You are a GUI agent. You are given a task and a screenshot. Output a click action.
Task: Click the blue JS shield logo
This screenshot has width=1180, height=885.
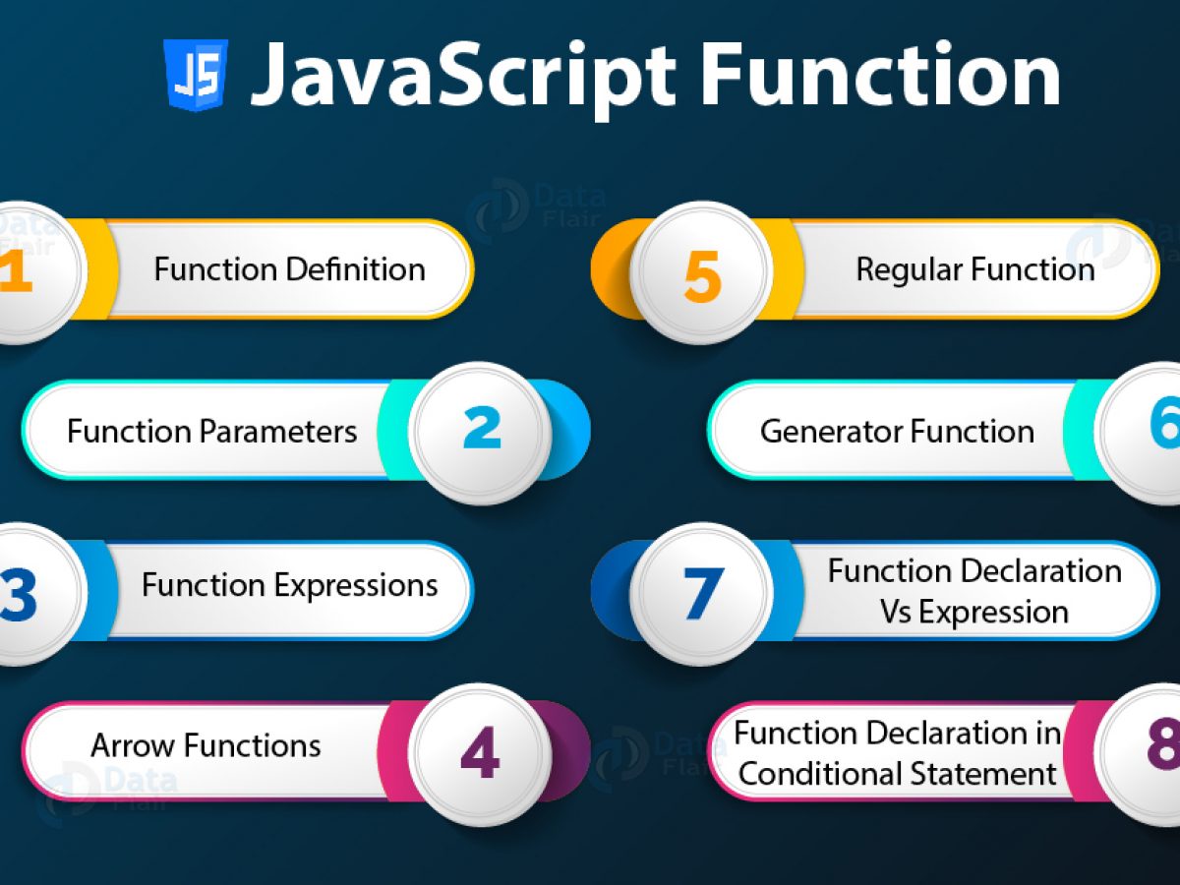click(x=196, y=75)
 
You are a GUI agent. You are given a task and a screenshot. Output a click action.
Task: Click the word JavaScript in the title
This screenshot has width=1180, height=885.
click(x=463, y=76)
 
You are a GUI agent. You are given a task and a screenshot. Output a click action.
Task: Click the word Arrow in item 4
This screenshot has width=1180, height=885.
click(x=127, y=746)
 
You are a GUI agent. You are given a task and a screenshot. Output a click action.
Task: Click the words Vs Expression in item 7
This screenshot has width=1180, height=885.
click(x=973, y=613)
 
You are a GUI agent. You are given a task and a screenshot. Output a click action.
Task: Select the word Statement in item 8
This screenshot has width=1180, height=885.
click(x=997, y=774)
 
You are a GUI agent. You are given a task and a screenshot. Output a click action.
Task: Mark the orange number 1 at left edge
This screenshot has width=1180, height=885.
click(x=14, y=271)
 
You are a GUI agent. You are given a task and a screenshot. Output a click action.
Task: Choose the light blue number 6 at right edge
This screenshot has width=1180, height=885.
click(x=1164, y=425)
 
